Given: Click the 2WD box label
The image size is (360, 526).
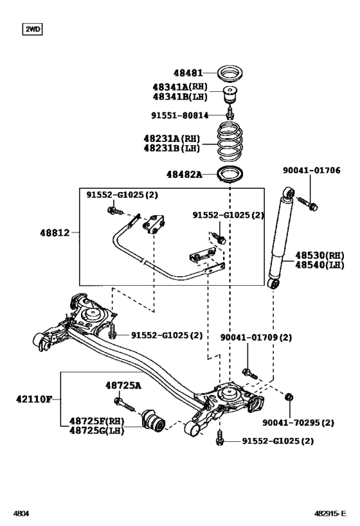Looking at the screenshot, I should tap(32, 29).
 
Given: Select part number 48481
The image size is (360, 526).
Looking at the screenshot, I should tap(188, 73).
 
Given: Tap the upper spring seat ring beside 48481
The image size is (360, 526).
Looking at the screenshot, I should tap(231, 73).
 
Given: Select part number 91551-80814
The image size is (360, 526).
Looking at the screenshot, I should tap(179, 115).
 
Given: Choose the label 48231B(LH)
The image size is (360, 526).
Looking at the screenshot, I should tap(171, 148).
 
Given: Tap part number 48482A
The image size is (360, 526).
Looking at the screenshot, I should tap(183, 174).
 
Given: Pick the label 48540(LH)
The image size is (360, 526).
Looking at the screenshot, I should tap(320, 264).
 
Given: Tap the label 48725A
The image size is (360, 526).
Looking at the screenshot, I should tap(123, 385).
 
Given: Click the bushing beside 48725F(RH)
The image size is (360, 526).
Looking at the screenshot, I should tap(154, 420).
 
